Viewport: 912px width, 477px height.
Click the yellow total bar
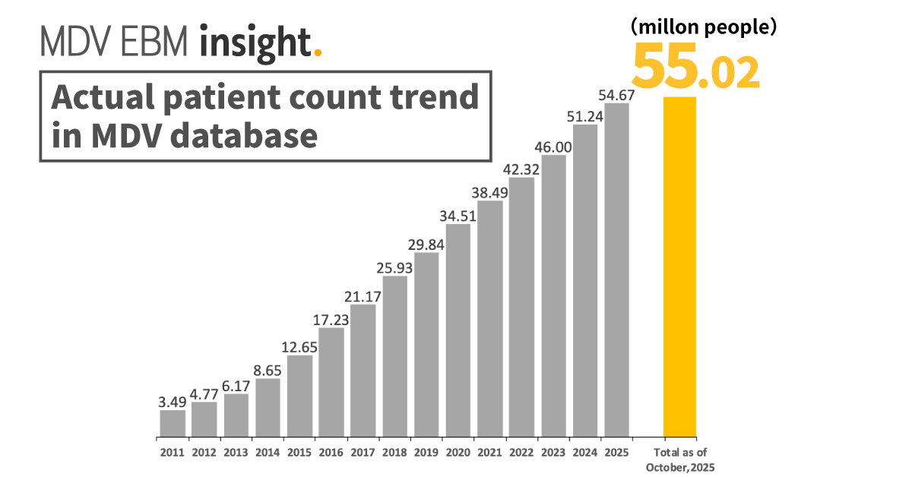click(679, 267)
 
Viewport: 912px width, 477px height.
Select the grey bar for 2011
click(173, 424)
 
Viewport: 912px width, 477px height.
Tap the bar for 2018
click(395, 357)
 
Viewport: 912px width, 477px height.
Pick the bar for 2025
click(616, 270)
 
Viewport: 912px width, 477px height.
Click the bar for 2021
click(490, 319)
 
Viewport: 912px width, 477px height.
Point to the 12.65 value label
click(300, 346)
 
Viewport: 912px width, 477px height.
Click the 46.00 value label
click(553, 146)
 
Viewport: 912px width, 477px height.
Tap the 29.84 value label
click(426, 244)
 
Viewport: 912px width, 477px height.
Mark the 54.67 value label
click(616, 95)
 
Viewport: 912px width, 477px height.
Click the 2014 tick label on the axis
click(268, 453)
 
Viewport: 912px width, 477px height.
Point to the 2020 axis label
click(458, 453)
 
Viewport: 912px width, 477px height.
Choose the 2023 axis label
click(553, 453)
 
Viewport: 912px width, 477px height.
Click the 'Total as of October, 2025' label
click(680, 460)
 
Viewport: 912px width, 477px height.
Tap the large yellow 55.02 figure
click(695, 68)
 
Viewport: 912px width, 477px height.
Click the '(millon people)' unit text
click(702, 27)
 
